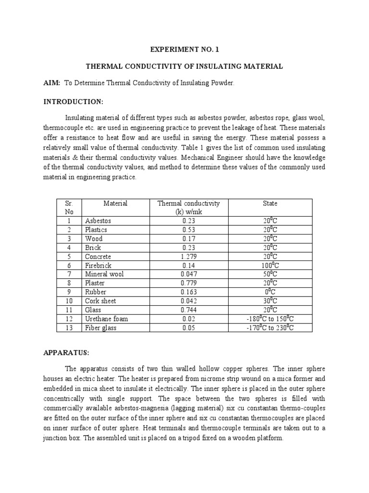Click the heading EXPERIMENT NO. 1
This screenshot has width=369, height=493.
tap(184, 49)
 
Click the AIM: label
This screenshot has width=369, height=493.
tap(51, 83)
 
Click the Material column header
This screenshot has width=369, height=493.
tap(115, 204)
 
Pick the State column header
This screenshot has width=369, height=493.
tap(270, 204)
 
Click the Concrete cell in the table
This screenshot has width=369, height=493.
tap(98, 257)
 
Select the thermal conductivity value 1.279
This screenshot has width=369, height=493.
tap(189, 257)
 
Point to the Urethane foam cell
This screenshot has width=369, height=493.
tap(107, 319)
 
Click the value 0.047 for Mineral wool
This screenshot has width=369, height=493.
tap(189, 274)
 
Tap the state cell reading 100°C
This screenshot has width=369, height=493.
tap(270, 265)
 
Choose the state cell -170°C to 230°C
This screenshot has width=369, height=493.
tap(270, 327)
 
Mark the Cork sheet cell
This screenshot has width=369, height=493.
tap(100, 301)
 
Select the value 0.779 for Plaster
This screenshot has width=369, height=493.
tap(189, 283)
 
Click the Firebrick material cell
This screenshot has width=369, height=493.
tap(98, 265)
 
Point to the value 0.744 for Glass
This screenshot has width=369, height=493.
tap(189, 310)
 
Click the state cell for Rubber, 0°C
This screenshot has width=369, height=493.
tap(270, 292)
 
